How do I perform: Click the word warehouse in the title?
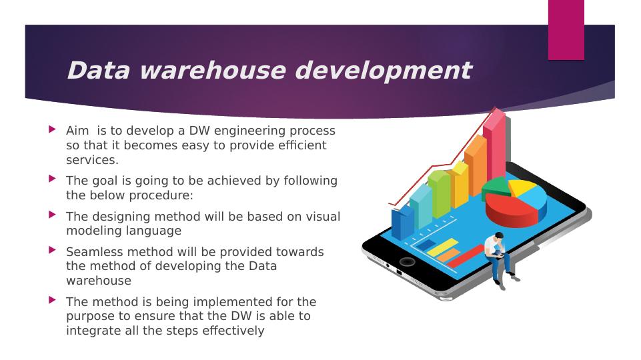click(213, 70)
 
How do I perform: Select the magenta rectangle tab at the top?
click(566, 30)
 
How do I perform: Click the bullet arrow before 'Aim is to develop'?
click(52, 129)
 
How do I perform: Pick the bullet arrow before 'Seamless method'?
click(52, 250)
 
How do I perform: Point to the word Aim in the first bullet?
click(77, 131)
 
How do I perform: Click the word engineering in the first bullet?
click(249, 131)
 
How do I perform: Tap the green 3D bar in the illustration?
click(439, 194)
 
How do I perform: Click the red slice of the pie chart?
click(511, 209)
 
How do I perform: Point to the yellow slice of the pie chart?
click(522, 187)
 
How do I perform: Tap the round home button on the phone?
click(407, 261)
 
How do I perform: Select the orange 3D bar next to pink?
click(476, 166)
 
